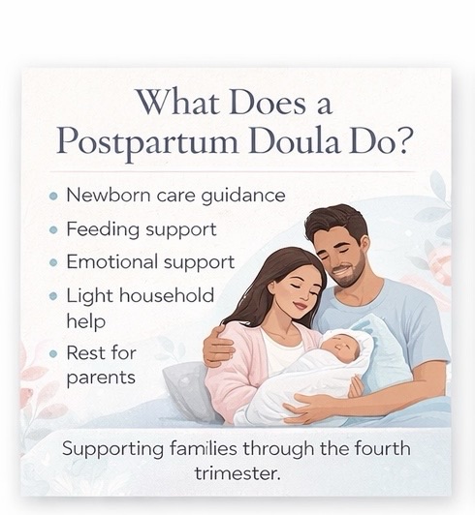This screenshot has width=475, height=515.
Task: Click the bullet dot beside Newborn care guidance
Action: coord(53,196)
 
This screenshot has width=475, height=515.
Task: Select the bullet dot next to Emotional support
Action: coord(53,262)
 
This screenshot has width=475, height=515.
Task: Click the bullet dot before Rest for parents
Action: coord(53,353)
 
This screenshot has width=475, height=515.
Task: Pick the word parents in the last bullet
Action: coord(101,378)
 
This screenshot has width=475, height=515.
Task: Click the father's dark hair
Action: coord(335,217)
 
